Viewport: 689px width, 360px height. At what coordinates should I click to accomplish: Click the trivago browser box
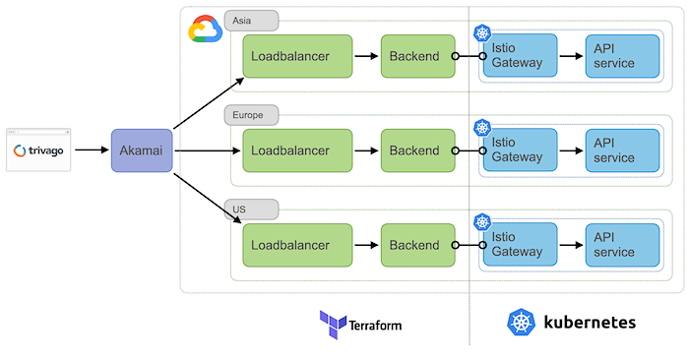[39, 150]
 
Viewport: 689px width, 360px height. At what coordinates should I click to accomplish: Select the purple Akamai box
[142, 150]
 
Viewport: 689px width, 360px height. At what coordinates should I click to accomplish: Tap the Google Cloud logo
[205, 30]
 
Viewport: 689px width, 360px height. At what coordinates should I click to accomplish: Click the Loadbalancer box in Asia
[297, 56]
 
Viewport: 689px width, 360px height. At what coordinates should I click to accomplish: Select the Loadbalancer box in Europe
[297, 150]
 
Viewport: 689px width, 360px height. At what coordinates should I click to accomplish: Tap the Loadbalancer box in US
[297, 245]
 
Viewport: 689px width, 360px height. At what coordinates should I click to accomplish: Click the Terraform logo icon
[333, 323]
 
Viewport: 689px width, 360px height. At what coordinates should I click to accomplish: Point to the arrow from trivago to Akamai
[92, 150]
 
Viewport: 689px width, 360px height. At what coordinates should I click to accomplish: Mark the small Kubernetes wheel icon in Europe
[481, 128]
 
